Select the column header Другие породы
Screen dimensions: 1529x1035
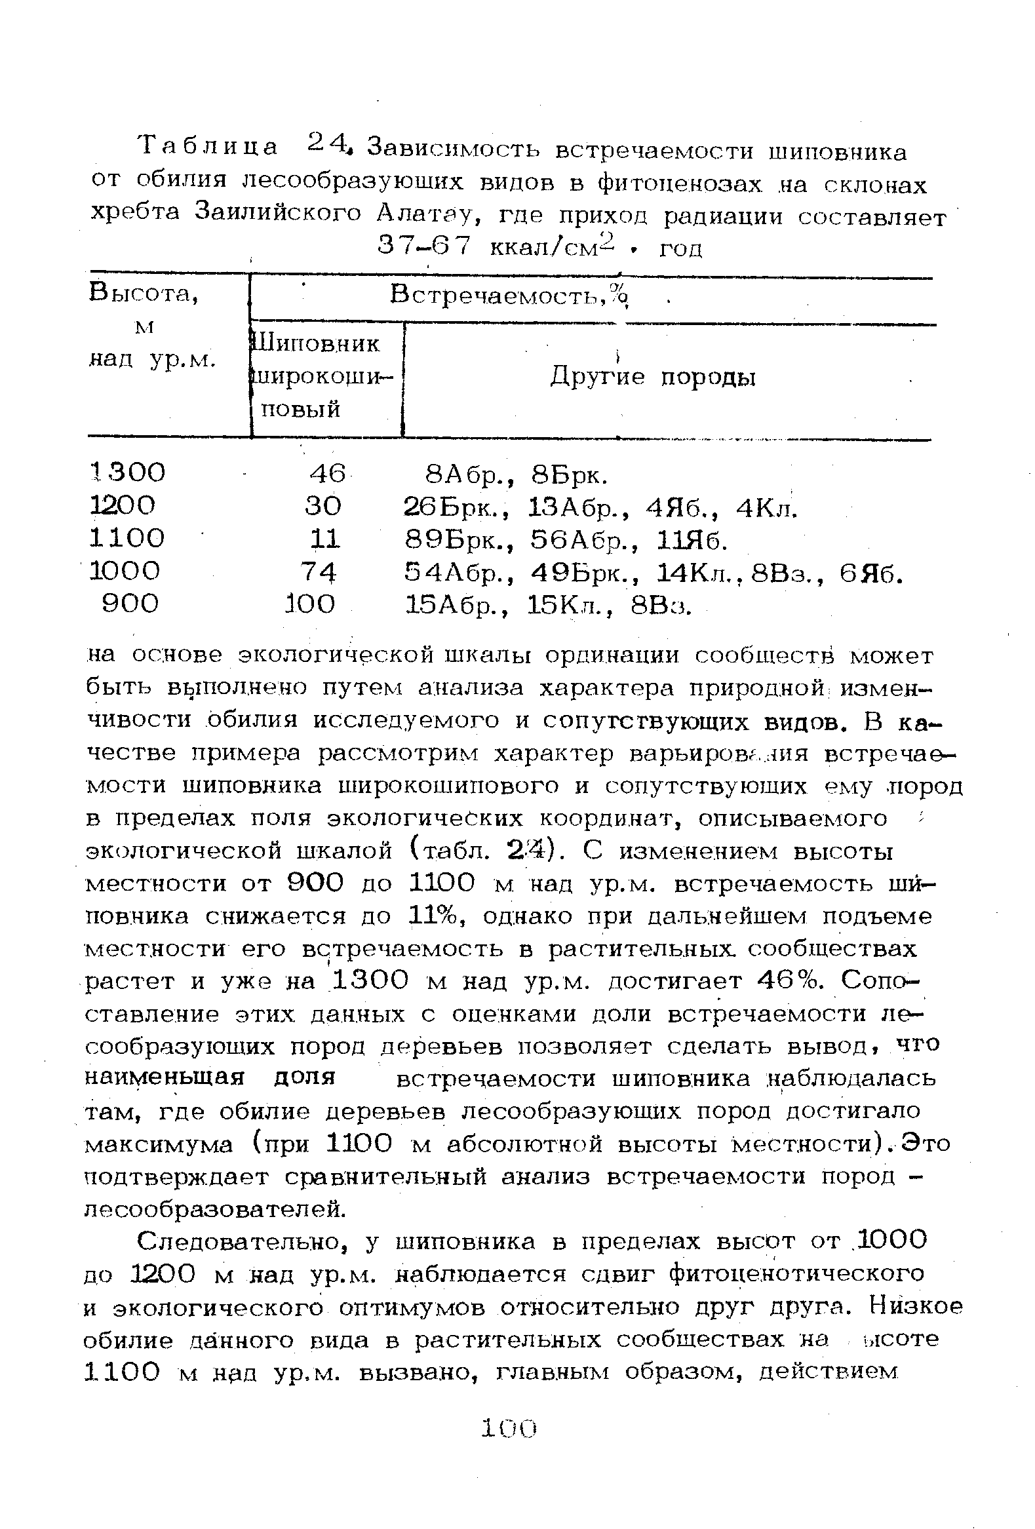653,377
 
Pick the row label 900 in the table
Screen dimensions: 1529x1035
130,604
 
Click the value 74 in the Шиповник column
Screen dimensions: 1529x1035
319,571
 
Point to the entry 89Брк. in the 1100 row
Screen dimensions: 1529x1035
459,539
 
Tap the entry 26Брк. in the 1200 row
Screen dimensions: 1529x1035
459,507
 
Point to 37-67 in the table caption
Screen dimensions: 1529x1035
424,246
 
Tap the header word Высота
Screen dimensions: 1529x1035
144,294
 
